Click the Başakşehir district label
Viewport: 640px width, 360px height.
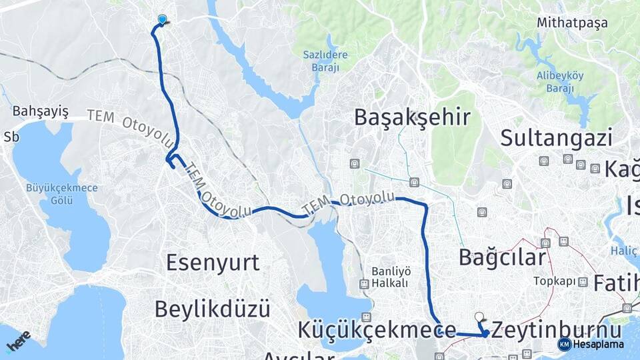click(412, 117)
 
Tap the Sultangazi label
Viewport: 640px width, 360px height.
click(556, 138)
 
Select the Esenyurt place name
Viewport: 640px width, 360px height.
click(213, 262)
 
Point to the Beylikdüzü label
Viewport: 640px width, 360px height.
click(212, 309)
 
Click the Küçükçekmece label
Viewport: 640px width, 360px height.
click(377, 329)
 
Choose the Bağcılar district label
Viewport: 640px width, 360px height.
click(502, 256)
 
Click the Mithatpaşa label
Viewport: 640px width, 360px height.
click(572, 23)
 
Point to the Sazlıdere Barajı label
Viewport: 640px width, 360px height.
click(321, 61)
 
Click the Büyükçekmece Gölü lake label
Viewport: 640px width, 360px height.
click(61, 194)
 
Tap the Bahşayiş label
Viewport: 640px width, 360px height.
click(41, 111)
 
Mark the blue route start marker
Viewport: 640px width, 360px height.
click(162, 20)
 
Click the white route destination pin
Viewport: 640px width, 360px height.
click(479, 317)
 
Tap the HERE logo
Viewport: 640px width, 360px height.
click(18, 341)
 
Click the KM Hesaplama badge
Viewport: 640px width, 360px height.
click(591, 344)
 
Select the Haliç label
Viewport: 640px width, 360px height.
click(625, 251)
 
